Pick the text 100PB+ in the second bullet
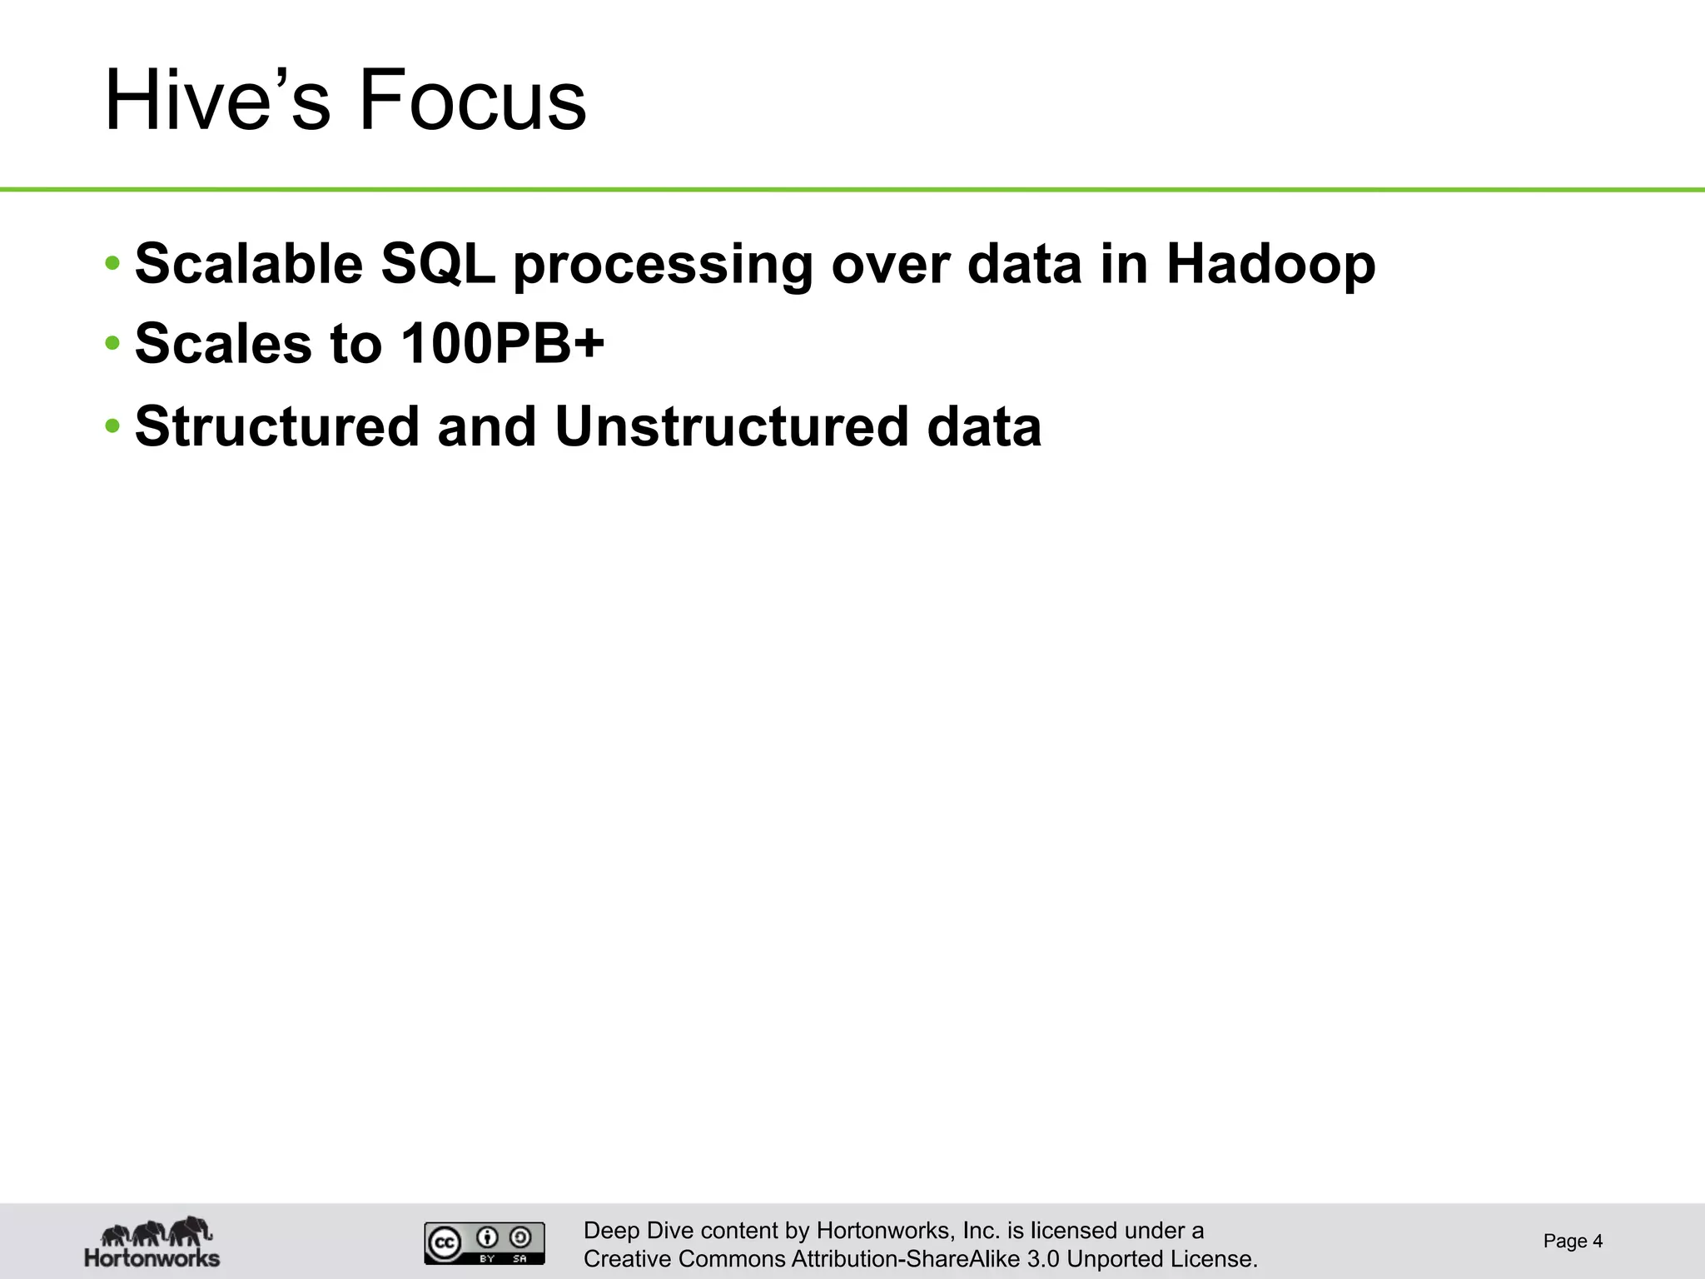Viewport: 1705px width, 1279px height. pyautogui.click(x=502, y=343)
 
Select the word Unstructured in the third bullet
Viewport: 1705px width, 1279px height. pyautogui.click(x=731, y=426)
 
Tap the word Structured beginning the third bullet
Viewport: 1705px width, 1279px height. pyautogui.click(x=277, y=426)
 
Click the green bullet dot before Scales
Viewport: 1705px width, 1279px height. pyautogui.click(x=112, y=343)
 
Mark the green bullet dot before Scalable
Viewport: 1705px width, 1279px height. pyautogui.click(x=112, y=263)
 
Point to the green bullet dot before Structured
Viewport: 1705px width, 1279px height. pyautogui.click(x=112, y=426)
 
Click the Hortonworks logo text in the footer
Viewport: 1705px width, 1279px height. pyautogui.click(x=152, y=1257)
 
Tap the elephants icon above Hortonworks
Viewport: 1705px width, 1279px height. pyautogui.click(x=156, y=1232)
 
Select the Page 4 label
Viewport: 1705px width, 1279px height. pyautogui.click(x=1572, y=1241)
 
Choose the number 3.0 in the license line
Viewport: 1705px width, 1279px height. pyautogui.click(x=1043, y=1259)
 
